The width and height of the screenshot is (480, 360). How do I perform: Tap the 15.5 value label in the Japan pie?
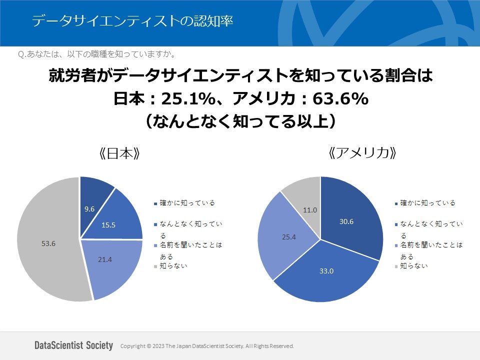click(108, 225)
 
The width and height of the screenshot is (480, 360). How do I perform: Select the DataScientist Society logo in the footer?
click(74, 345)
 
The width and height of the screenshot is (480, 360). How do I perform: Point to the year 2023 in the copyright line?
click(157, 346)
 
